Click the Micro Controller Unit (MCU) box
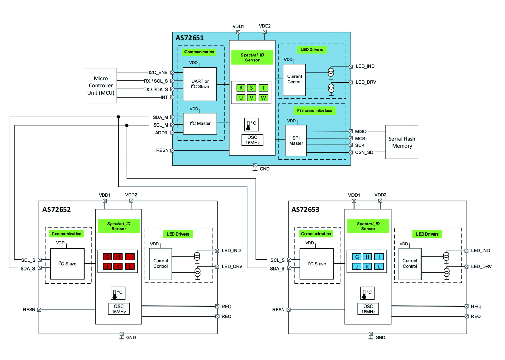click(x=101, y=85)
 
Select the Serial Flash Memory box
click(x=402, y=142)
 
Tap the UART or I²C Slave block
click(x=200, y=84)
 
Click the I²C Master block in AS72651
click(x=200, y=123)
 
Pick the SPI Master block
click(x=296, y=141)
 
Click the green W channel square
click(x=263, y=98)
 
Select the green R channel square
click(x=241, y=88)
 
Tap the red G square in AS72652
click(x=107, y=257)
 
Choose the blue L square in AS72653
click(x=379, y=266)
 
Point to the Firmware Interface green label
click(x=314, y=110)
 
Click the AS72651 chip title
click(x=190, y=38)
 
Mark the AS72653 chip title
click(x=305, y=210)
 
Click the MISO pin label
click(x=361, y=131)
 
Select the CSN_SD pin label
click(x=364, y=152)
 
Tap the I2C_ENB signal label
click(x=158, y=72)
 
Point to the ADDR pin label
click(x=161, y=133)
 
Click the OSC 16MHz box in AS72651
click(x=252, y=140)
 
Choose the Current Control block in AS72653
click(x=410, y=264)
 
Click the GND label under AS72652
click(x=131, y=337)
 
